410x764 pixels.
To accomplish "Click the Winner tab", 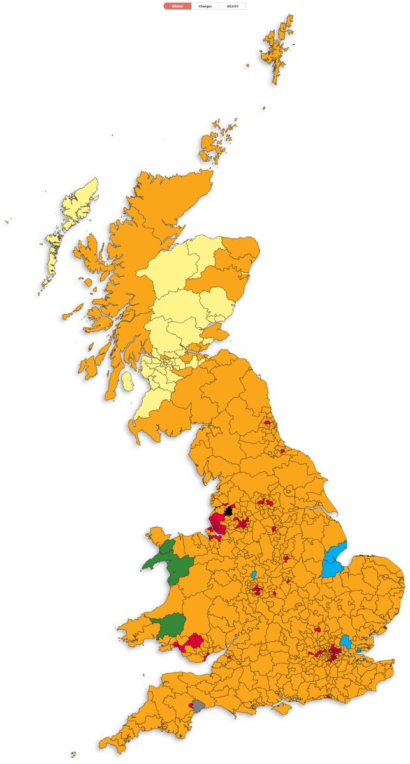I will pos(177,6).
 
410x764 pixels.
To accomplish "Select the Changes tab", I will pos(205,6).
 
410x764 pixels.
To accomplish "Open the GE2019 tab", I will pos(232,6).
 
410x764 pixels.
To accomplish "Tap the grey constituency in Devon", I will pos(198,705).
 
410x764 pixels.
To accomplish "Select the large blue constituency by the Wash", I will pos(333,561).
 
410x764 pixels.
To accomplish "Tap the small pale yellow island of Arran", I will pos(127,381).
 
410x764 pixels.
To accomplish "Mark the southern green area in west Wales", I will pos(169,626).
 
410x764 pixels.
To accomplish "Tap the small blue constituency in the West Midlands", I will pos(254,575).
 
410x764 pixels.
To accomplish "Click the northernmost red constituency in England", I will pos(267,422).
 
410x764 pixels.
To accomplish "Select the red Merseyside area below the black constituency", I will pos(219,526).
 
